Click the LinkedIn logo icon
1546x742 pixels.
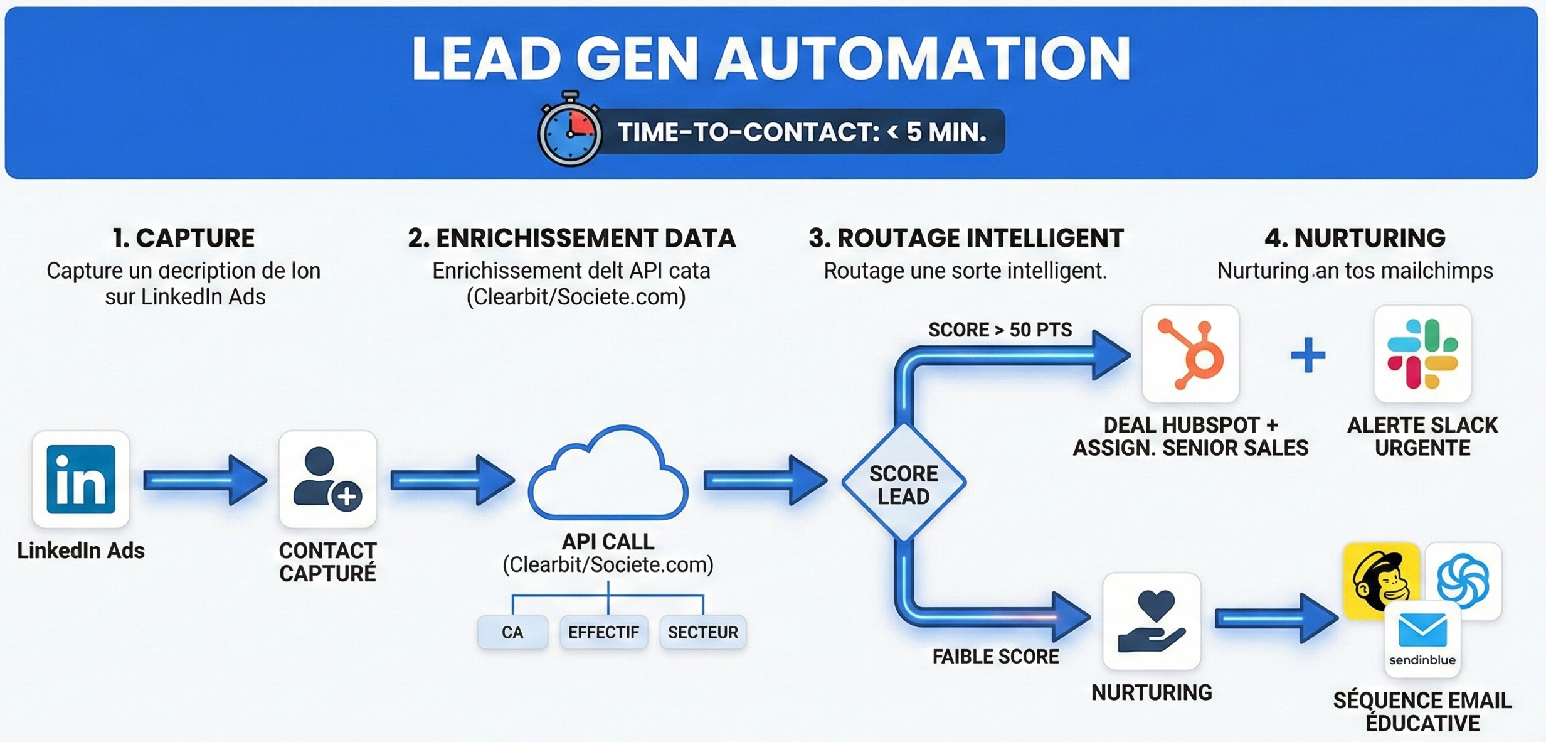pos(81,479)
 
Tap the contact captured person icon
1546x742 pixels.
pos(327,479)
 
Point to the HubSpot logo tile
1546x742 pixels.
pos(1190,353)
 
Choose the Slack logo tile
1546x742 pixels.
pos(1422,353)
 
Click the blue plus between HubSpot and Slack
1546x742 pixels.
pos(1308,355)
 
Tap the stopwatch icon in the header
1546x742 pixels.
pos(569,131)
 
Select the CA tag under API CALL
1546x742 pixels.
pos(512,632)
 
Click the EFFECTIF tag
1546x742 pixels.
pos(603,632)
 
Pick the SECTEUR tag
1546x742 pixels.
pos(702,632)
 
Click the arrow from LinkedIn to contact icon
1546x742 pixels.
pos(204,480)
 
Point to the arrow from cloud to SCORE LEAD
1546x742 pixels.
pos(765,481)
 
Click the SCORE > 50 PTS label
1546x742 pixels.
pos(1000,330)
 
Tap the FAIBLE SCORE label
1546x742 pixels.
pos(995,657)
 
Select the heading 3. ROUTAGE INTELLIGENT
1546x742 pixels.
pos(966,239)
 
